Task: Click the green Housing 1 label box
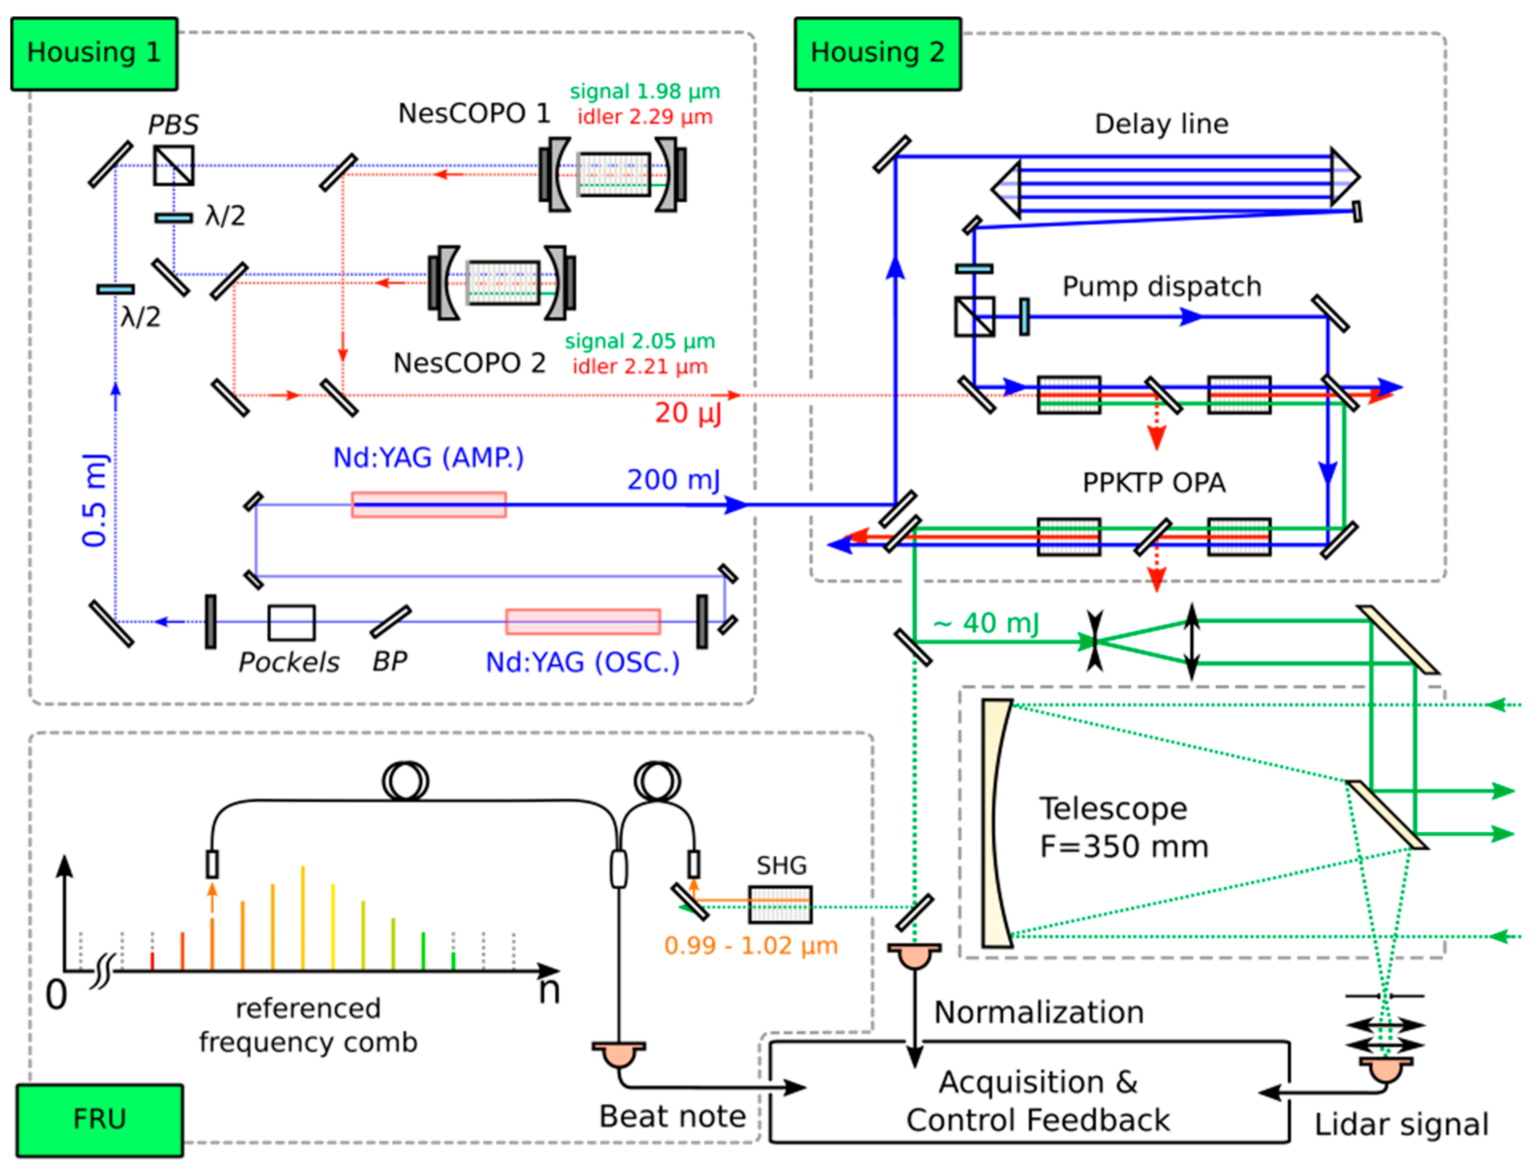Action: point(94,54)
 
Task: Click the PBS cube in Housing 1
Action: point(173,165)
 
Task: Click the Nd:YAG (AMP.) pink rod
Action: point(428,505)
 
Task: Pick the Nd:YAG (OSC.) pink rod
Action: point(583,622)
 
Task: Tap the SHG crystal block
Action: point(780,904)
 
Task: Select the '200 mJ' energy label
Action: point(673,480)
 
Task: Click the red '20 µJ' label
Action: point(687,413)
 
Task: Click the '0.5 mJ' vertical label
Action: point(95,500)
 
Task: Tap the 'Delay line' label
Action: point(1161,124)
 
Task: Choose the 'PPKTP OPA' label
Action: point(1153,482)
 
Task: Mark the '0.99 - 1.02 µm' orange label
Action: point(751,945)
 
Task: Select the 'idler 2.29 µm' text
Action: point(645,116)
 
